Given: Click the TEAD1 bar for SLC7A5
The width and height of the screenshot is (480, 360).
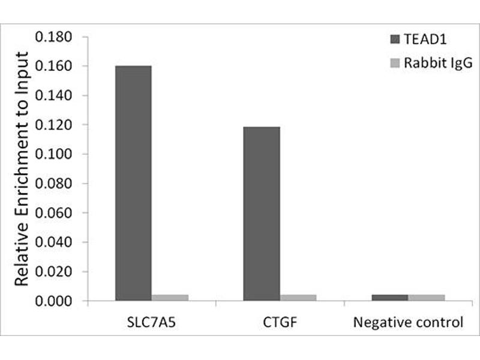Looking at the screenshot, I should tap(133, 183).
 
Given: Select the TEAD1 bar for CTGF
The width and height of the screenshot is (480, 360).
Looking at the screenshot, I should tap(261, 213).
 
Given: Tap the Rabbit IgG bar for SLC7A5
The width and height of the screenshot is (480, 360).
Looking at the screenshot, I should tap(170, 297).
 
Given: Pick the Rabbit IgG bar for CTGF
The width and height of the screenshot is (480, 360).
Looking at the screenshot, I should tap(298, 297).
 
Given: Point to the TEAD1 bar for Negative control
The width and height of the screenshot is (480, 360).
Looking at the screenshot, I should tap(389, 297).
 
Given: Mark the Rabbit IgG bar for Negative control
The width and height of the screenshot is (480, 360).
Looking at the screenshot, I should tap(426, 297).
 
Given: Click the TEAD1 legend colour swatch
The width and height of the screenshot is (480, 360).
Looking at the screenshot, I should tap(395, 40).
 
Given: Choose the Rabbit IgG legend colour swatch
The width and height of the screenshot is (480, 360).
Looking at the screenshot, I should tap(395, 63).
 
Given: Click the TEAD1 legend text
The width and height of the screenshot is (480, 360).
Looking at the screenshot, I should tap(425, 40).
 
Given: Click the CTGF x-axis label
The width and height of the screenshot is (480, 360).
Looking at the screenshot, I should tap(280, 322).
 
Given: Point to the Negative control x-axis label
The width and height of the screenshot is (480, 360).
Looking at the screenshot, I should tap(408, 322).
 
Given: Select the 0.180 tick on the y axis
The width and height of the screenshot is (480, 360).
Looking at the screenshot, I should tap(54, 37).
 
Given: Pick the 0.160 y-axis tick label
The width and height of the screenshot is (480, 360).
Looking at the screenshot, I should tap(54, 67).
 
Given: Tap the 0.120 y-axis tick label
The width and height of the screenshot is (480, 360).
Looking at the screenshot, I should tap(54, 125).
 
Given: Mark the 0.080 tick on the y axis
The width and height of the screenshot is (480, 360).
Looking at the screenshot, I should tap(54, 184).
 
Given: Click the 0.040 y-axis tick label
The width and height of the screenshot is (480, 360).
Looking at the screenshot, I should tap(54, 242).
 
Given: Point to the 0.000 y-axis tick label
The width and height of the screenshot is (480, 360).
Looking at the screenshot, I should tap(54, 301).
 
